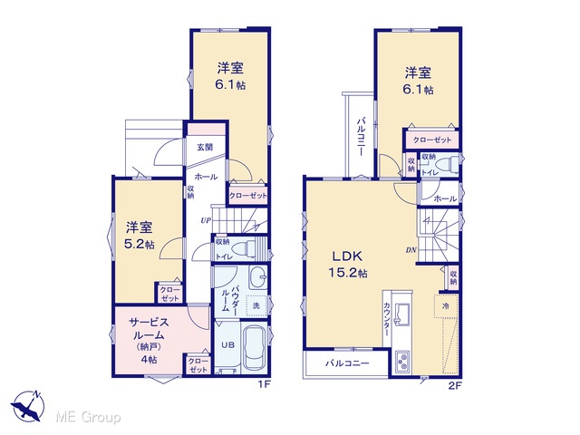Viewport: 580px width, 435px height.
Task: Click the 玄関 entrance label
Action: pos(205,147)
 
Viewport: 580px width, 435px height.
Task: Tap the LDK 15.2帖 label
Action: pos(348,264)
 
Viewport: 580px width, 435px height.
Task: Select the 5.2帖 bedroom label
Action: pos(140,236)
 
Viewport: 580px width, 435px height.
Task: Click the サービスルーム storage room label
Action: pos(149,341)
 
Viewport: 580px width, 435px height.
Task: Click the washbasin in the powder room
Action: pos(257,277)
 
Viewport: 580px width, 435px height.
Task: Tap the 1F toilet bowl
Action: pos(244,247)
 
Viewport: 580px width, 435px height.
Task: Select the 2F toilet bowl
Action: pos(447,163)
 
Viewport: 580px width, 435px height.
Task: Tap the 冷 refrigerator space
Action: pos(446,306)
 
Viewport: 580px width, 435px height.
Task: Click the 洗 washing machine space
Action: pos(256,305)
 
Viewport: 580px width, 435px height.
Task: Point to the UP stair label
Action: pos(206,220)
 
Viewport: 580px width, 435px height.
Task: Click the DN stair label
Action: pos(411,250)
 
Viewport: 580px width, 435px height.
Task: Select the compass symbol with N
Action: pos(28,406)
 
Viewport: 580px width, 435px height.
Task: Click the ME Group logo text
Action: pos(88,418)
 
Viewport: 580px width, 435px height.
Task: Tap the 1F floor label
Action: pos(265,385)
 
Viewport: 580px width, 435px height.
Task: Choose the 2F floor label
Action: pos(455,386)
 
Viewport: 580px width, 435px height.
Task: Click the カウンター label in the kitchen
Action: pos(387,320)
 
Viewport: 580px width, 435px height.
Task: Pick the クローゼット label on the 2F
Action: pos(432,140)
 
